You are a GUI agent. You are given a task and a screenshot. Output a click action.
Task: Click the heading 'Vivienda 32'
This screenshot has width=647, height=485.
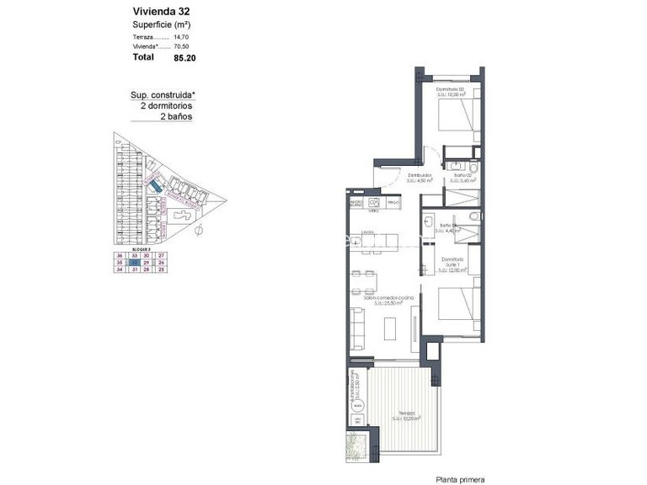(160, 12)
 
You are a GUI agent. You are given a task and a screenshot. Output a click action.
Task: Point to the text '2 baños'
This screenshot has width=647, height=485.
(176, 117)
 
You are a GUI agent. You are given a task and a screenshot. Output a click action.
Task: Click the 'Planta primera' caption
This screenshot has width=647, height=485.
(460, 479)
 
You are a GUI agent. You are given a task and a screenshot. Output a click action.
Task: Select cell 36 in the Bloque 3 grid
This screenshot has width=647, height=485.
(120, 255)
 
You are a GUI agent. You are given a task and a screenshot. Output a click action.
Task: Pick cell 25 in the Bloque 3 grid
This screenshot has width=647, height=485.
(160, 269)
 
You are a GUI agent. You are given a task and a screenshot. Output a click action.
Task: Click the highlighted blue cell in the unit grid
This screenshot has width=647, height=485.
(133, 263)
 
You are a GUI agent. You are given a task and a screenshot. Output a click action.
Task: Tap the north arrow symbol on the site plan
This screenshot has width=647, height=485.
(198, 229)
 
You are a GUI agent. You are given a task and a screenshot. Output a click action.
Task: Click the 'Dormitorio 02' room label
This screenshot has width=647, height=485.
(451, 89)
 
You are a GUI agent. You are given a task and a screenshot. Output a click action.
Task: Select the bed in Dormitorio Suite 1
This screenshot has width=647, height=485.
(460, 303)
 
